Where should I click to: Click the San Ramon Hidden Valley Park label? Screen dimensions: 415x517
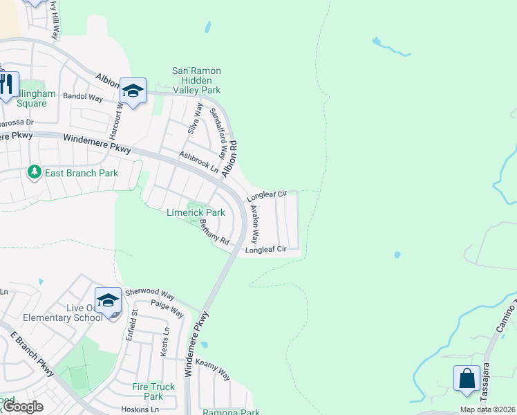(x=196, y=80)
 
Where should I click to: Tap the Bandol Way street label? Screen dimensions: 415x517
(x=82, y=98)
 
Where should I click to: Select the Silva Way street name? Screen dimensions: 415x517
(x=194, y=118)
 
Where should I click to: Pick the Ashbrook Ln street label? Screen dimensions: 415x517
(x=198, y=162)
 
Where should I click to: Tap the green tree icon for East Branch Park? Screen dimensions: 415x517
(x=32, y=172)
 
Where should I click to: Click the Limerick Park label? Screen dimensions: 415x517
(x=196, y=212)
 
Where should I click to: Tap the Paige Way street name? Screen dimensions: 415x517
(x=167, y=308)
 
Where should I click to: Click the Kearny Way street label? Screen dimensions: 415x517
(x=213, y=369)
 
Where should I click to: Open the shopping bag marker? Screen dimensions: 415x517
(x=467, y=378)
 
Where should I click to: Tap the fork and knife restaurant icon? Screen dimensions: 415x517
(x=6, y=85)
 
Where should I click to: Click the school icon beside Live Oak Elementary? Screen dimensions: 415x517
(x=107, y=299)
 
